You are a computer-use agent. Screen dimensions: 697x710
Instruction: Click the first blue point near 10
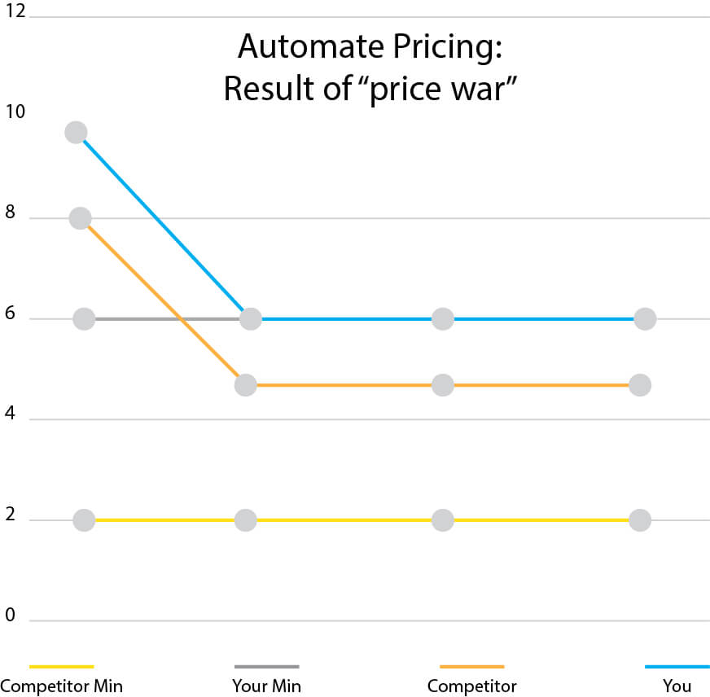(76, 132)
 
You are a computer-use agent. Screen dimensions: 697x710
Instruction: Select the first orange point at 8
(80, 218)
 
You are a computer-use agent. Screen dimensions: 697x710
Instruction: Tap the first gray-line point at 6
(84, 318)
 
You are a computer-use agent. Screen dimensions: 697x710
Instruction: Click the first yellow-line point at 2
(84, 519)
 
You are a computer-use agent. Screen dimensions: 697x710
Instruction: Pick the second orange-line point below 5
(245, 385)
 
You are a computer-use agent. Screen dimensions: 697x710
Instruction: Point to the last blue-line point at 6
(645, 318)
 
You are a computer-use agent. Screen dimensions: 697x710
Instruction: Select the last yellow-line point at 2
(640, 519)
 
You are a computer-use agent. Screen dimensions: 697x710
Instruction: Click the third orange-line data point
(442, 385)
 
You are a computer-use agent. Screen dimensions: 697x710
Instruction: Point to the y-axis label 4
(10, 414)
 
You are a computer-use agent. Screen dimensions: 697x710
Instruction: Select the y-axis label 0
(10, 615)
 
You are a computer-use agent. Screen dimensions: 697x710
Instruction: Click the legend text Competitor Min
(62, 686)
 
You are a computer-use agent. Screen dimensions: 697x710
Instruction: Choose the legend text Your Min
(266, 686)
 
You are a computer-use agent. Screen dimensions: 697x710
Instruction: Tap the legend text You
(677, 686)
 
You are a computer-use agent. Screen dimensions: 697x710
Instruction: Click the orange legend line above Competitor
(471, 666)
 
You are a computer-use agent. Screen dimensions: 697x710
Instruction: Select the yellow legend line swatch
(62, 666)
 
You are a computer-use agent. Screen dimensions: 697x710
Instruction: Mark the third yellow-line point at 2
(442, 519)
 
